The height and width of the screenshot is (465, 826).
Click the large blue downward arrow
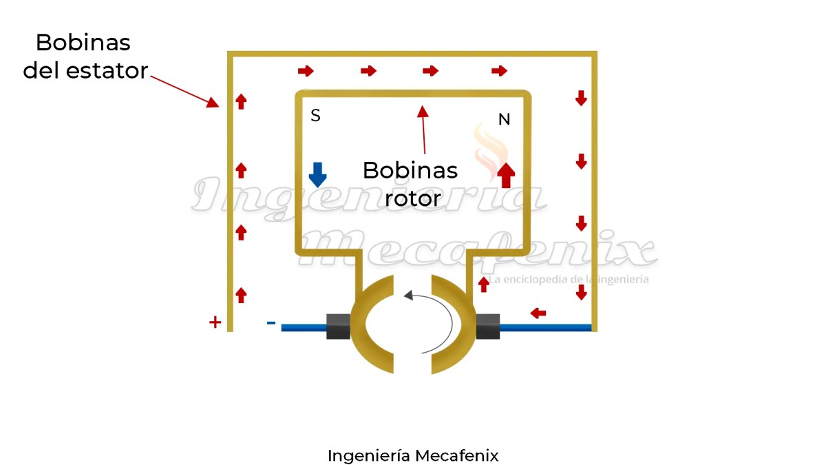317,174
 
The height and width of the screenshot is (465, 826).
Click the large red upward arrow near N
506,174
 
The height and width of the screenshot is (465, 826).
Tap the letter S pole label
315,116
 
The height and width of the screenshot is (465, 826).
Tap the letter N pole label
504,120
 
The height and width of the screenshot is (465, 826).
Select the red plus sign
215,322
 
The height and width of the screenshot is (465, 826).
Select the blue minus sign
271,322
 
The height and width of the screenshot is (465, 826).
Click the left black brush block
338,327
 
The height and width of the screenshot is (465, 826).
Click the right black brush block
487,327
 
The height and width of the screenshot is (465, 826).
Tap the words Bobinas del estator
84,56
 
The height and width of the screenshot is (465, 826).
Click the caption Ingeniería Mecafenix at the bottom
413,455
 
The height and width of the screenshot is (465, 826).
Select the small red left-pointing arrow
538,313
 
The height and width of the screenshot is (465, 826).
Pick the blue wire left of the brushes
303,327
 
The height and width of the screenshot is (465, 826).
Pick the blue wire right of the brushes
544,327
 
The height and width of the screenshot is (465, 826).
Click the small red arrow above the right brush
484,283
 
